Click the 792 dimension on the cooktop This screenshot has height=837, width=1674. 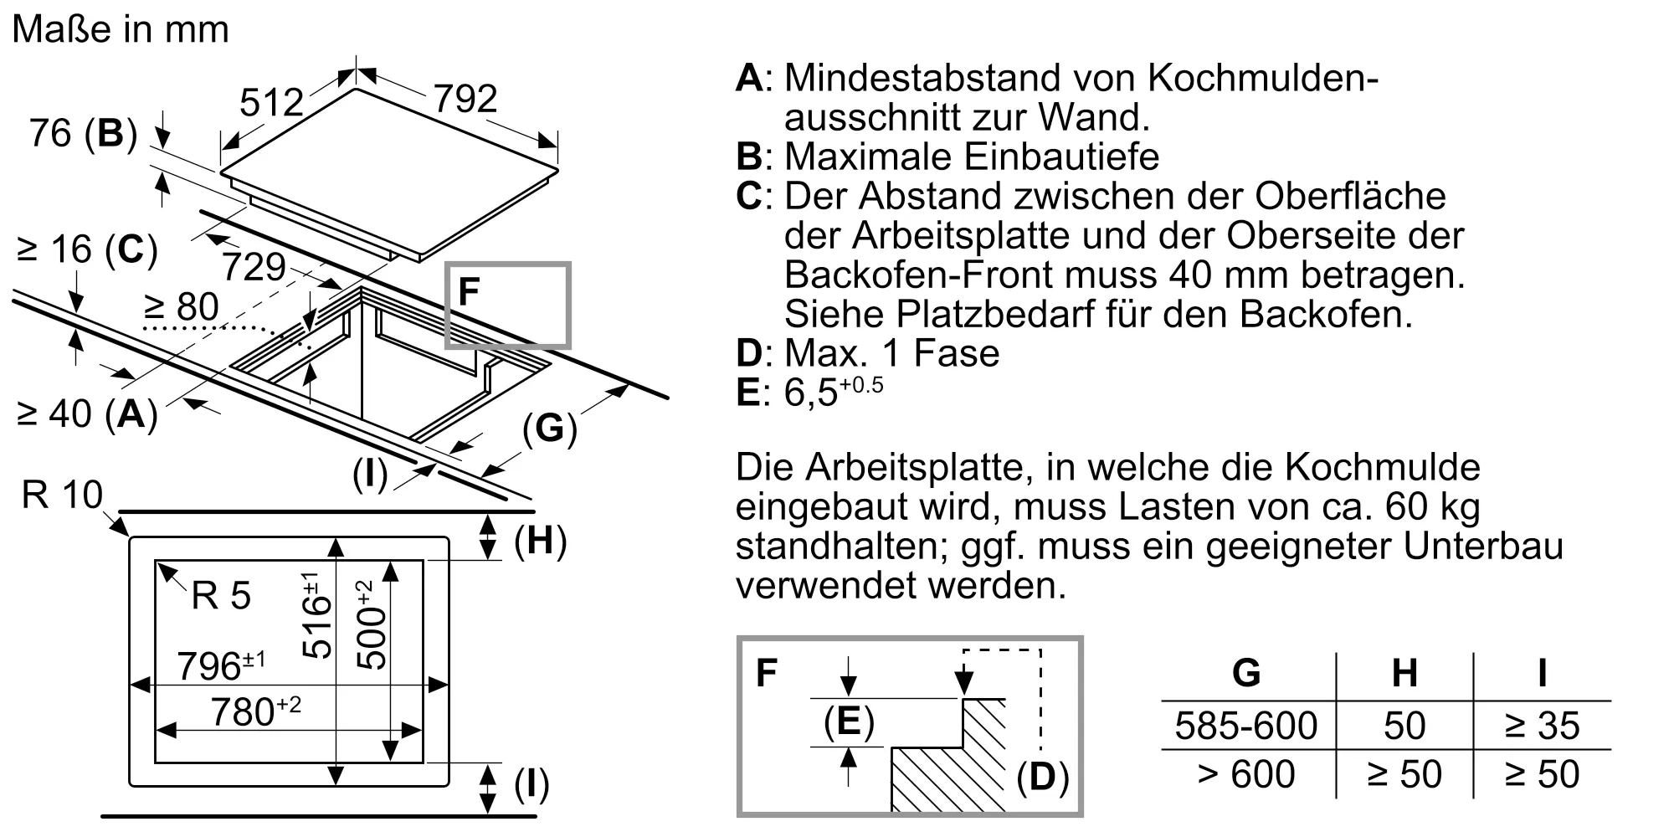pyautogui.click(x=465, y=99)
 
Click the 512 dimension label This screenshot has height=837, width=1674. pyautogui.click(x=271, y=103)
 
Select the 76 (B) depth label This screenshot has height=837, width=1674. pyautogui.click(x=83, y=133)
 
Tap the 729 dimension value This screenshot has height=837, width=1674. pyautogui.click(x=254, y=267)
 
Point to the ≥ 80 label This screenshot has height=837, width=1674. pyautogui.click(x=181, y=307)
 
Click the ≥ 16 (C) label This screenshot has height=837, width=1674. pyautogui.click(x=87, y=249)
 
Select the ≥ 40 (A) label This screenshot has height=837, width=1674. pyautogui.click(x=87, y=413)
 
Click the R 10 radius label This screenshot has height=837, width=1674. pyautogui.click(x=62, y=495)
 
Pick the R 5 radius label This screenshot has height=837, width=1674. pyautogui.click(x=221, y=596)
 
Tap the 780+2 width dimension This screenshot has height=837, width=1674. pyautogui.click(x=254, y=711)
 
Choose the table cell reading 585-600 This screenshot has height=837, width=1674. pyautogui.click(x=1245, y=726)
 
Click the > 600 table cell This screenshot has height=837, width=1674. pyautogui.click(x=1245, y=774)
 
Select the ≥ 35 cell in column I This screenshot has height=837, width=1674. pyautogui.click(x=1542, y=726)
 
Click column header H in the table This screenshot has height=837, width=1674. pyautogui.click(x=1404, y=673)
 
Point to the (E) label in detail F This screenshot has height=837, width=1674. pyautogui.click(x=849, y=721)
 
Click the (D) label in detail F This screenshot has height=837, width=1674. pyautogui.click(x=1042, y=778)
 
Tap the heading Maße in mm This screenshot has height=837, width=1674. pyautogui.click(x=121, y=30)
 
